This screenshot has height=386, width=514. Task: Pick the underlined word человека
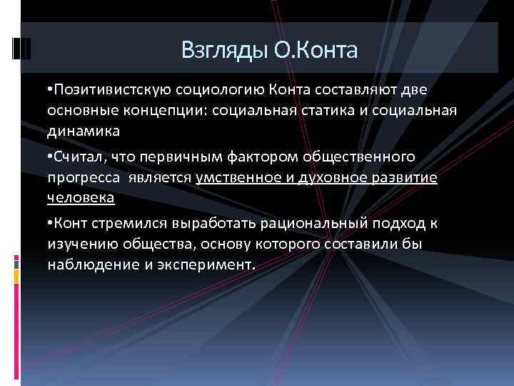(x=80, y=197)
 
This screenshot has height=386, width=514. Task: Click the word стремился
(x=124, y=223)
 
